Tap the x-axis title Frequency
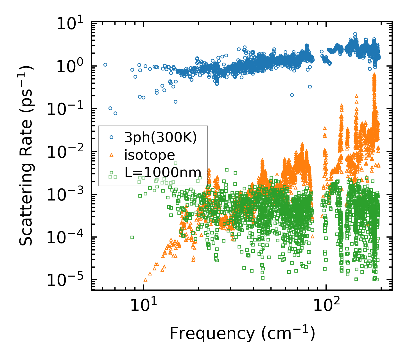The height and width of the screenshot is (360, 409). tap(242, 334)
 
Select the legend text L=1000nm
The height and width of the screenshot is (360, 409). tap(163, 172)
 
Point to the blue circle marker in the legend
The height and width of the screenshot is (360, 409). tap(111, 137)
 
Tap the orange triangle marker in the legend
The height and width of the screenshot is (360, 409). tap(111, 155)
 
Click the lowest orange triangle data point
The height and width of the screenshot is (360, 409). tap(145, 280)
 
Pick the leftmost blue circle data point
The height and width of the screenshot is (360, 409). tap(105, 65)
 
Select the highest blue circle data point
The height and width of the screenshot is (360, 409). tap(355, 34)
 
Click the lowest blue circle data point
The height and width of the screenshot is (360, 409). tap(115, 113)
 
